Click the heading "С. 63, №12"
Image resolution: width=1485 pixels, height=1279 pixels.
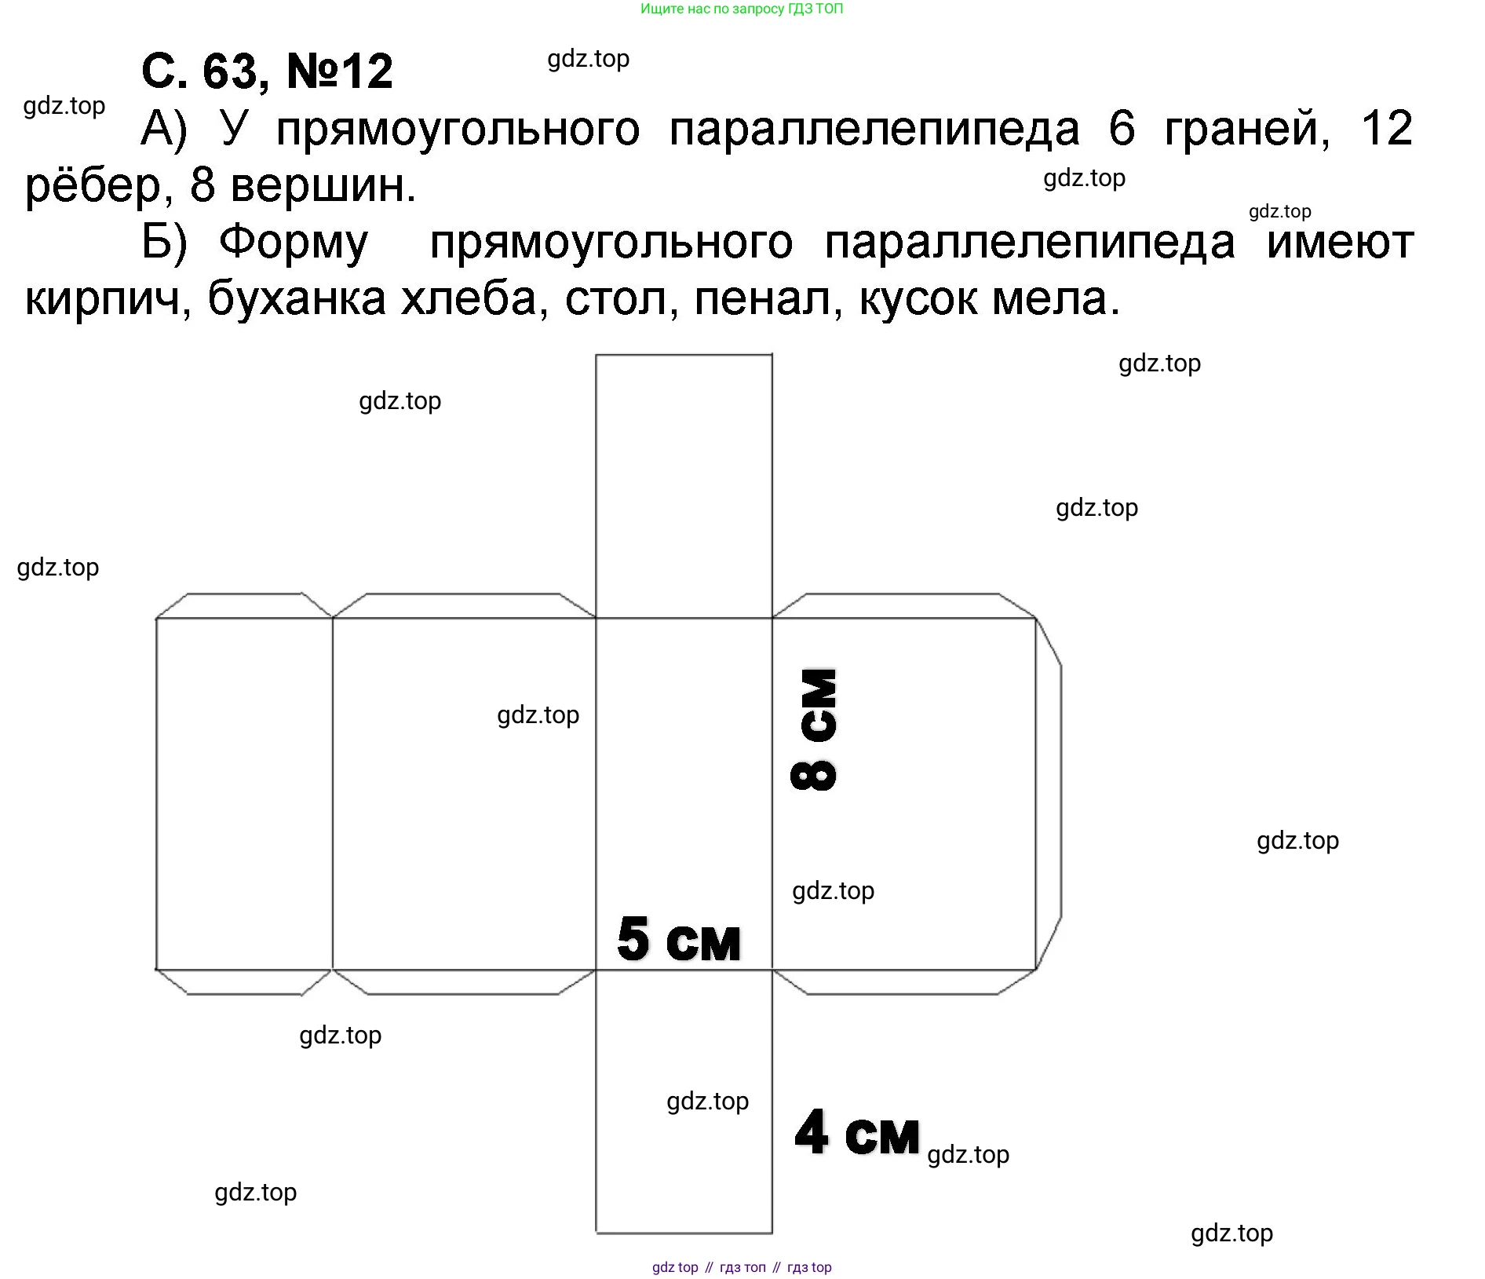click(267, 71)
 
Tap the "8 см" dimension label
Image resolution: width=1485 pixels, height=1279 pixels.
click(814, 729)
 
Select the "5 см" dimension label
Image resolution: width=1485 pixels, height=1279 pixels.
click(679, 939)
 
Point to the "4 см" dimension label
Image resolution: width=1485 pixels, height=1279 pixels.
click(856, 1133)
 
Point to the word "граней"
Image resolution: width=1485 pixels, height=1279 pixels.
click(1247, 129)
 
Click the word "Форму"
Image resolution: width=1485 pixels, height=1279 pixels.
click(294, 243)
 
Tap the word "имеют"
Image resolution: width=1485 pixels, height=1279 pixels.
click(1341, 243)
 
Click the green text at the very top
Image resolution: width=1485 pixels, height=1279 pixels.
click(742, 9)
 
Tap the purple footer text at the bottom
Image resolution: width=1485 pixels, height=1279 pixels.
click(742, 1266)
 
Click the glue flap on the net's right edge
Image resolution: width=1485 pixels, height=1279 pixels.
click(1049, 793)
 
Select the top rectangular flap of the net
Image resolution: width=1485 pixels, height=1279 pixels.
click(684, 486)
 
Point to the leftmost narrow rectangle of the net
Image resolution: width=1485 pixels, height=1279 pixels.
click(244, 793)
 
